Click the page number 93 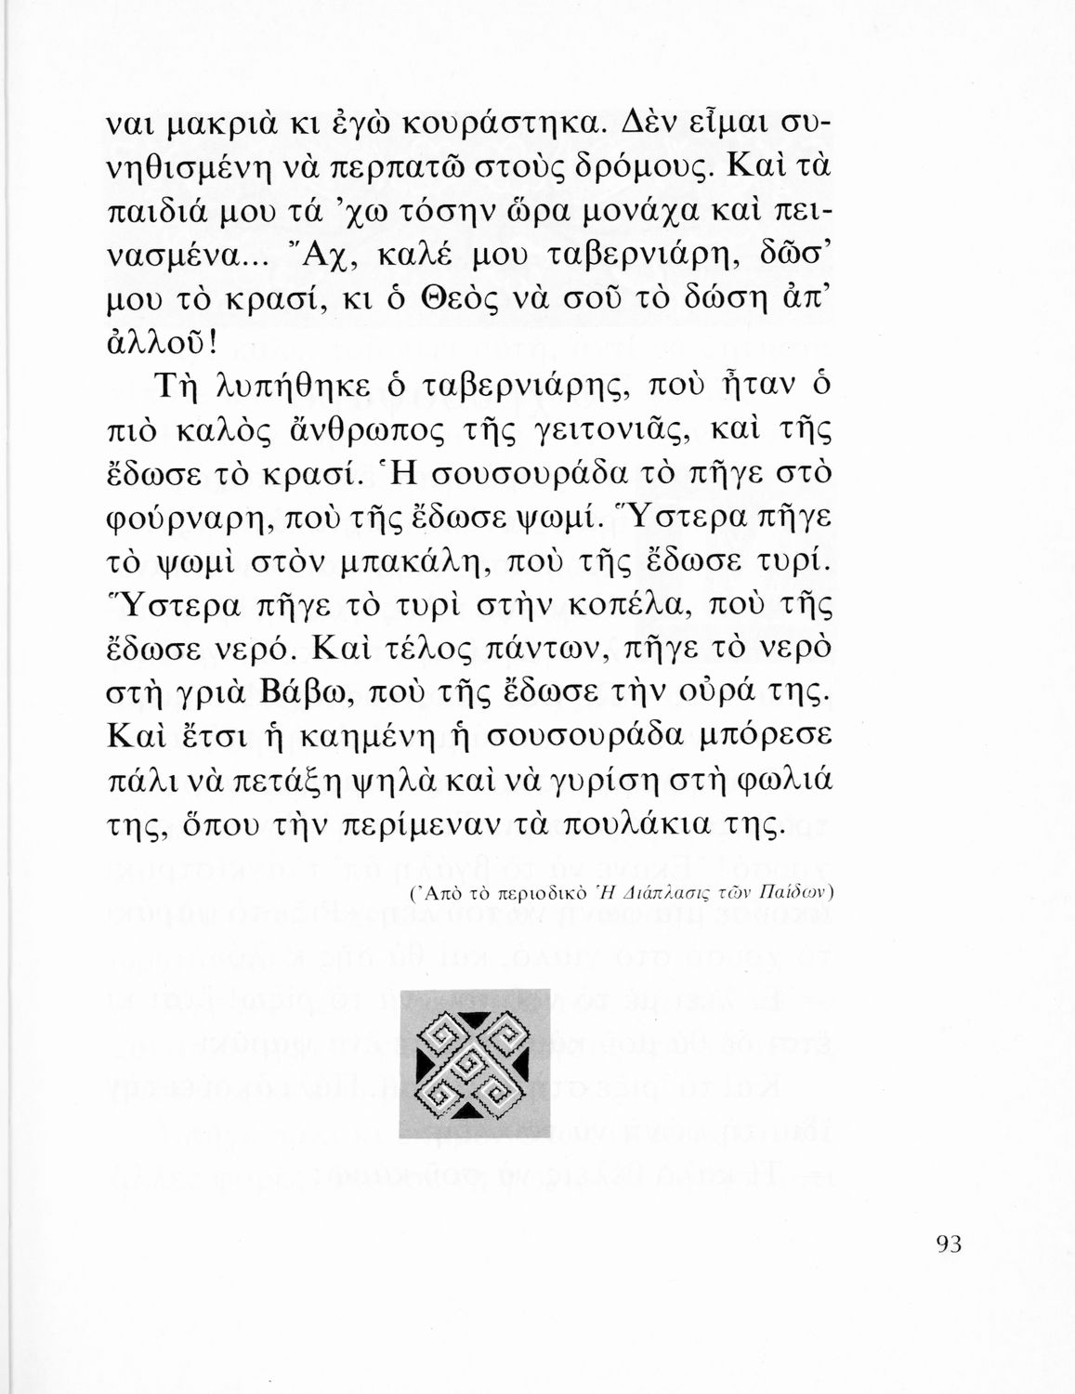click(x=947, y=1243)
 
